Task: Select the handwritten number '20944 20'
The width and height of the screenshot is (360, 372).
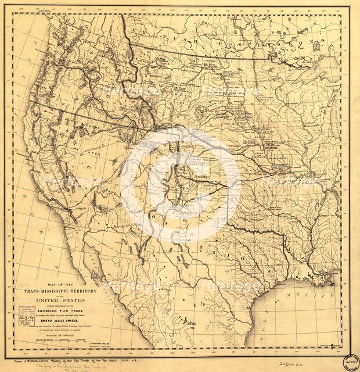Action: [x=302, y=362]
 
